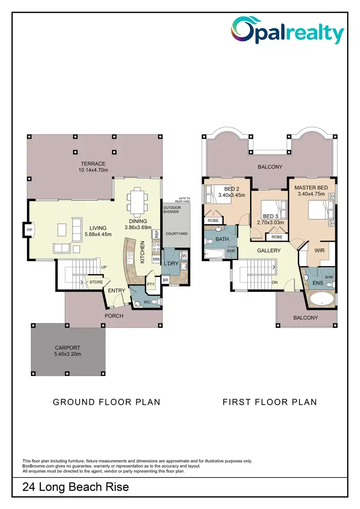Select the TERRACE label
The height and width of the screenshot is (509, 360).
(93, 164)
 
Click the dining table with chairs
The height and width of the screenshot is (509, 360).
(137, 201)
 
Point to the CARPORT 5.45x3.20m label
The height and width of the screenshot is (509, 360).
(68, 351)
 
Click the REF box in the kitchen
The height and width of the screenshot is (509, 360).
(156, 234)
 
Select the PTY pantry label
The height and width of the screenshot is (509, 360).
(151, 284)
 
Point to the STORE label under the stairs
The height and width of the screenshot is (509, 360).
(96, 282)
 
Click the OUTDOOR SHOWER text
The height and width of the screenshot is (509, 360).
(172, 209)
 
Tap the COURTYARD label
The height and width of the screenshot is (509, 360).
(176, 234)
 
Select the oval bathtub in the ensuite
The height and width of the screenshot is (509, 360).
(322, 301)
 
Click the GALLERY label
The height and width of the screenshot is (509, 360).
(269, 251)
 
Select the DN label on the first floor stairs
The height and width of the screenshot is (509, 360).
(275, 282)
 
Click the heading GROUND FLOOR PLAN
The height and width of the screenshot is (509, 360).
(107, 402)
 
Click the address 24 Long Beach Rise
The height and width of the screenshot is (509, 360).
(76, 487)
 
